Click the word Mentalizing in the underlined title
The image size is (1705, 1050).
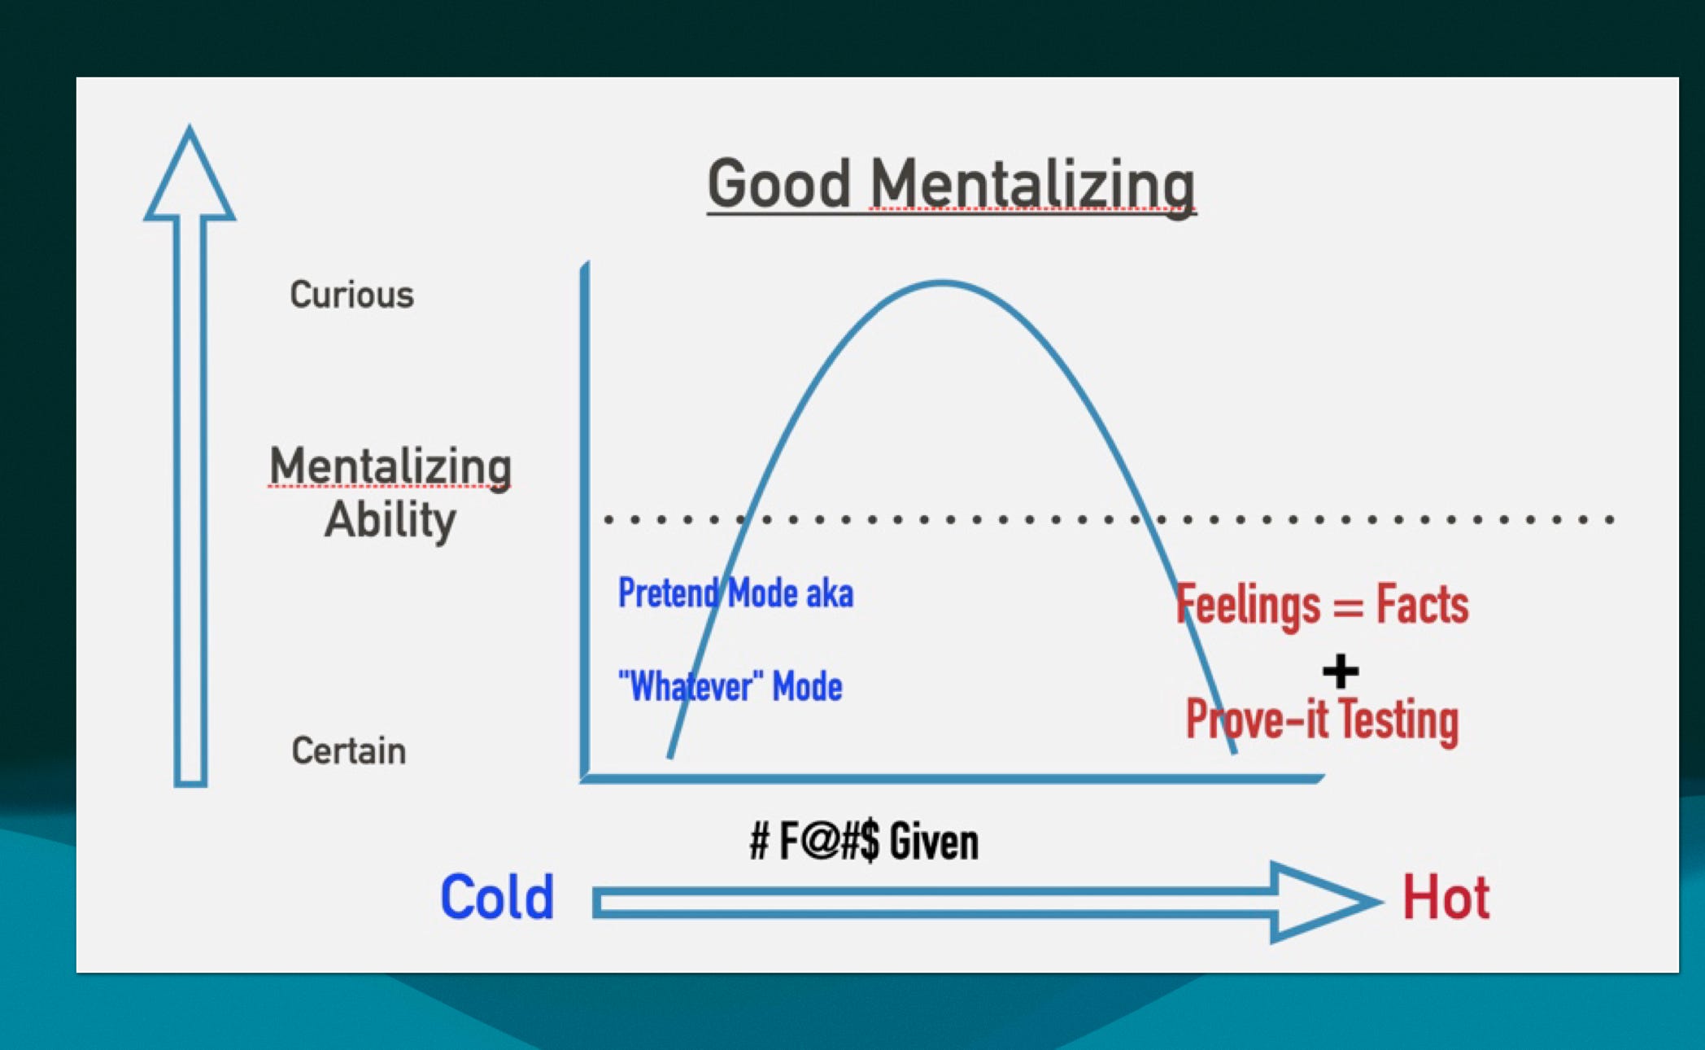coord(1032,186)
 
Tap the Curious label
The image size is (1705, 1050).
coord(351,295)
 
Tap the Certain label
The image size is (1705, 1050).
coord(348,750)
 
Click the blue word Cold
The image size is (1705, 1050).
coord(497,898)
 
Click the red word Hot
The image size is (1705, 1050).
coord(1446,899)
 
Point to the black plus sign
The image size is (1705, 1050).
coord(1340,672)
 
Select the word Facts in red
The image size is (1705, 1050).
coord(1422,605)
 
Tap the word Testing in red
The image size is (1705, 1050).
coord(1398,720)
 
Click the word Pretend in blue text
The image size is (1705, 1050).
coord(669,593)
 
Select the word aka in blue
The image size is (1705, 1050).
coord(830,594)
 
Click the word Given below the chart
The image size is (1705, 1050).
coord(933,842)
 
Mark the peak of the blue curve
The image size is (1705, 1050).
coord(942,283)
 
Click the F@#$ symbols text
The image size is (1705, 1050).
coord(828,842)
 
